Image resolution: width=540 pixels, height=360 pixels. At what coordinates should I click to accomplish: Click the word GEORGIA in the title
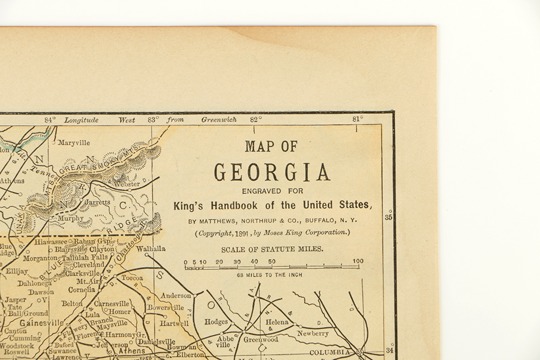click(272, 172)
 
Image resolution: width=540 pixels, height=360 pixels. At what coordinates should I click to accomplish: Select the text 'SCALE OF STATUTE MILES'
click(272, 249)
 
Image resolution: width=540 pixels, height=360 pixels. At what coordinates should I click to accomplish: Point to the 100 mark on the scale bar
click(357, 261)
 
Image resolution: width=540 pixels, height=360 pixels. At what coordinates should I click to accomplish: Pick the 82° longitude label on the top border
click(255, 120)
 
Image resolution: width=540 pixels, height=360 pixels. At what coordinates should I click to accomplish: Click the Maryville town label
click(74, 143)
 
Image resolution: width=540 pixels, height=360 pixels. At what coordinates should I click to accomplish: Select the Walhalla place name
click(151, 249)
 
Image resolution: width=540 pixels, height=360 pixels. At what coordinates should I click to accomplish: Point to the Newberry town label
click(313, 334)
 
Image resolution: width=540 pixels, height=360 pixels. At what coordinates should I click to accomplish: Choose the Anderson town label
click(175, 295)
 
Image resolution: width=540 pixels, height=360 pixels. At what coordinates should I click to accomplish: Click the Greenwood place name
click(261, 339)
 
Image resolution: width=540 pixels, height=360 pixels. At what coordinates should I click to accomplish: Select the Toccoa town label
click(132, 277)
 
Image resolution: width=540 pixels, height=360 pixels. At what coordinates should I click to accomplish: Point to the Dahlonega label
click(34, 283)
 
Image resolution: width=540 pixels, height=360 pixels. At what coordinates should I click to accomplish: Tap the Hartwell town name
click(174, 323)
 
